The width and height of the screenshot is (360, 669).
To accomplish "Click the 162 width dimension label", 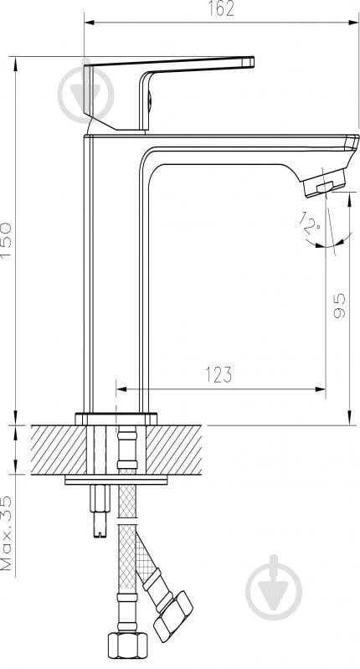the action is [221, 8].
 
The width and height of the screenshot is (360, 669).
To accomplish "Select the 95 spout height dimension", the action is [340, 306].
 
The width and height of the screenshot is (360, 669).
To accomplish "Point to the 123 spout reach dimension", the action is [219, 374].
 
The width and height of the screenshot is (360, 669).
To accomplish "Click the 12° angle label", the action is [310, 221].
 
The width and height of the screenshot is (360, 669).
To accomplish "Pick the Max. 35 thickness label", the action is [7, 533].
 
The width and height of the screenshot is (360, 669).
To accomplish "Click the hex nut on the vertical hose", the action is [127, 645].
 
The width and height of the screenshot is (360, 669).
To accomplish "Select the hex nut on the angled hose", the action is [172, 615].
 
